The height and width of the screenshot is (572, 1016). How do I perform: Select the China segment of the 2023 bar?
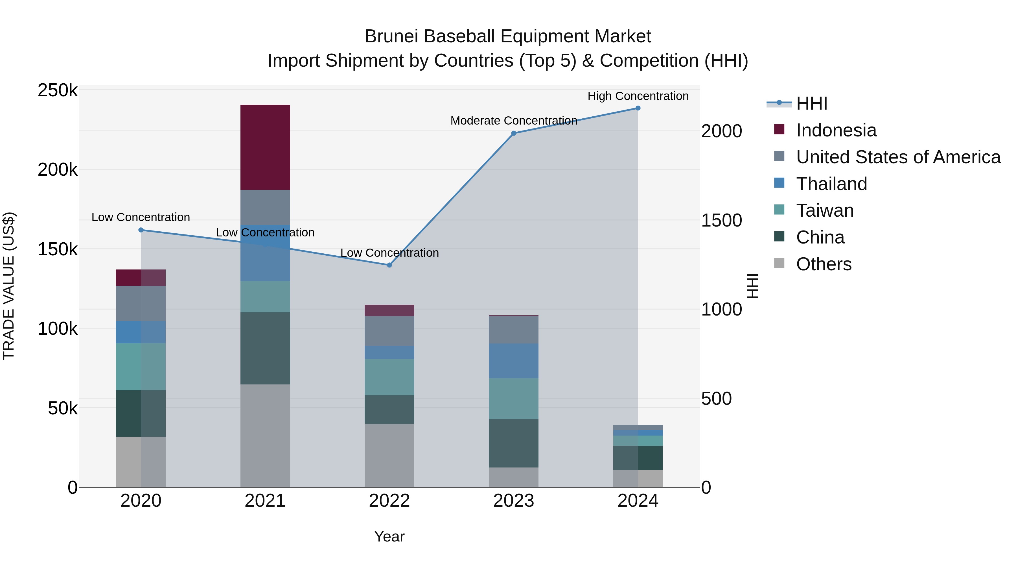pyautogui.click(x=514, y=443)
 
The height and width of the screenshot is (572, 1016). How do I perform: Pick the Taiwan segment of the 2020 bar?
pyautogui.click(x=141, y=366)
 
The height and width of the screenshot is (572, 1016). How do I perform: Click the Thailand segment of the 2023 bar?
pyautogui.click(x=514, y=361)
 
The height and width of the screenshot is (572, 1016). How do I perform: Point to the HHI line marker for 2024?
pyautogui.click(x=638, y=108)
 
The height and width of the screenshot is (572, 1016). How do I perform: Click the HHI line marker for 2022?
pyautogui.click(x=389, y=265)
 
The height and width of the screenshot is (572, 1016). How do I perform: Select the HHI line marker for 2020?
pyautogui.click(x=141, y=230)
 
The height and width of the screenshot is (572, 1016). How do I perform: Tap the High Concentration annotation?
pyautogui.click(x=638, y=96)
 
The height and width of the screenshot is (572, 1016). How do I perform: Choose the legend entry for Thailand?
pyautogui.click(x=831, y=184)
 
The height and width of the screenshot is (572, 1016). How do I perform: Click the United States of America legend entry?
pyautogui.click(x=898, y=157)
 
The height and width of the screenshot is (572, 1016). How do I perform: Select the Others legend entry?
pyautogui.click(x=824, y=264)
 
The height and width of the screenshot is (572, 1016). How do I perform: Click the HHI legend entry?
pyautogui.click(x=811, y=103)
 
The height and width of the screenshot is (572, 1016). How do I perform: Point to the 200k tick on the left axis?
pyautogui.click(x=58, y=170)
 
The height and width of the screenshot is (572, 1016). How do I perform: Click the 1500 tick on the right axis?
pyautogui.click(x=721, y=220)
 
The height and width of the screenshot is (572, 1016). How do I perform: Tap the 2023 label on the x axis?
pyautogui.click(x=514, y=501)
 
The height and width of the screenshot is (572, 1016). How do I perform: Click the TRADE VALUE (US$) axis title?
pyautogui.click(x=9, y=286)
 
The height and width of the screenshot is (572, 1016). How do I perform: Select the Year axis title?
pyautogui.click(x=389, y=536)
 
